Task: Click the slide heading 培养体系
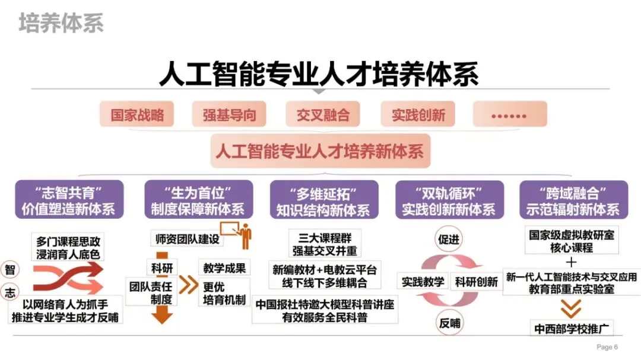click(x=61, y=23)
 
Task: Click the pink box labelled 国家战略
click(x=137, y=114)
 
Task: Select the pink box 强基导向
click(x=229, y=114)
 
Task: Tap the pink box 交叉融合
click(x=323, y=114)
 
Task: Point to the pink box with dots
click(x=509, y=114)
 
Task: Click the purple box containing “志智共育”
click(x=69, y=200)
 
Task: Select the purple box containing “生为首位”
click(x=197, y=200)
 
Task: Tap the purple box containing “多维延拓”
click(x=323, y=200)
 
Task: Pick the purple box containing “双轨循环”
click(x=449, y=200)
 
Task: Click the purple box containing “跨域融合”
click(x=573, y=200)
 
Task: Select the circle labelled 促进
click(x=449, y=240)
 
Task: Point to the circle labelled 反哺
click(x=449, y=324)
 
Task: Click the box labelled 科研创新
click(x=476, y=282)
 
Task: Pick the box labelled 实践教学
click(x=423, y=282)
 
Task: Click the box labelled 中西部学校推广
click(x=572, y=328)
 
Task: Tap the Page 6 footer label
click(x=607, y=347)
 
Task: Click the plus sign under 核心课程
click(x=572, y=262)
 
